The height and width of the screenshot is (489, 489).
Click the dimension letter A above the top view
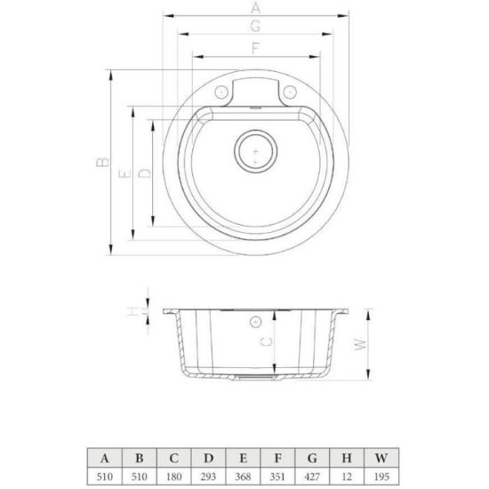click(x=255, y=7)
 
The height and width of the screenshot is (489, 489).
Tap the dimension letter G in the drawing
click(x=255, y=26)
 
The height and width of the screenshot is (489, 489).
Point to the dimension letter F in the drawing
click(x=255, y=48)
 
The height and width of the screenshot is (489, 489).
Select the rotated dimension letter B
click(x=103, y=162)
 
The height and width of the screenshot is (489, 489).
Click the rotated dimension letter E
click(x=125, y=173)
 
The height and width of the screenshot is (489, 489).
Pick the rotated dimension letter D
click(x=144, y=173)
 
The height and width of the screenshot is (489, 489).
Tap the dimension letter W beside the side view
click(x=360, y=344)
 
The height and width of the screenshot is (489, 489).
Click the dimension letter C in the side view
click(x=266, y=341)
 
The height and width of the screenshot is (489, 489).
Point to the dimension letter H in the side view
click(x=133, y=311)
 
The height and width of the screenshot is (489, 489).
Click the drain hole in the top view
click(x=256, y=151)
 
